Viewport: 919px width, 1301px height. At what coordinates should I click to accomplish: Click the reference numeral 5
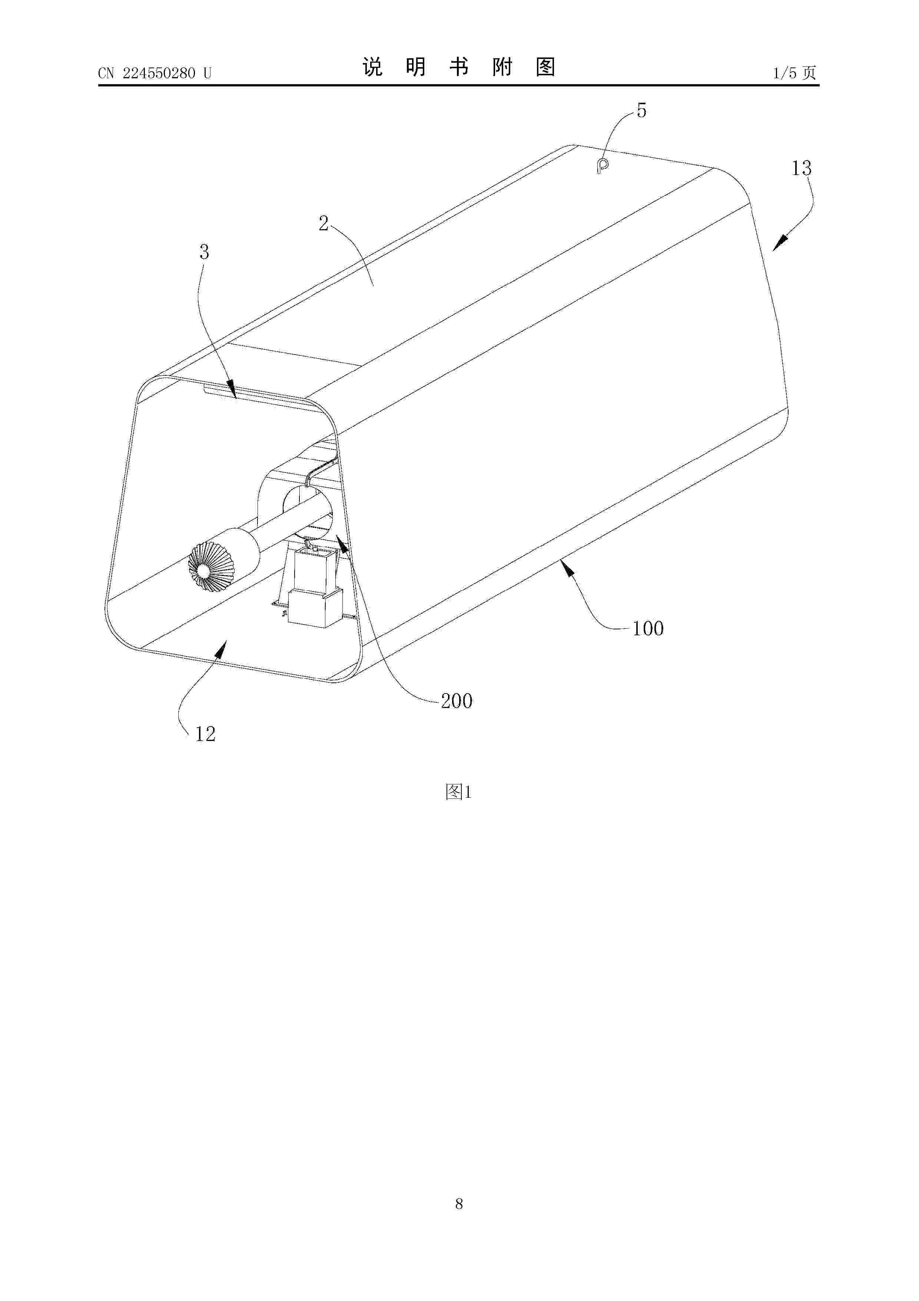[x=641, y=111]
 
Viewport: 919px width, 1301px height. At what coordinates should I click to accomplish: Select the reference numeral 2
[x=324, y=224]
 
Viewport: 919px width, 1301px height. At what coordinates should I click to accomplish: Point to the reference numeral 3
[x=205, y=251]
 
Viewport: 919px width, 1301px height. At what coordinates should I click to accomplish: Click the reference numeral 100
[x=648, y=628]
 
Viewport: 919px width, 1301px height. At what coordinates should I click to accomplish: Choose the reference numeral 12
[x=205, y=734]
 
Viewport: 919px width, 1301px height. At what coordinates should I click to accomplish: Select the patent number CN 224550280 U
[x=155, y=73]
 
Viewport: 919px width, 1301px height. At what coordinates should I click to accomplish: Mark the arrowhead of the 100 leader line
[x=568, y=567]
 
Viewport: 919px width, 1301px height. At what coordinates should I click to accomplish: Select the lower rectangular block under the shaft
[x=315, y=607]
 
